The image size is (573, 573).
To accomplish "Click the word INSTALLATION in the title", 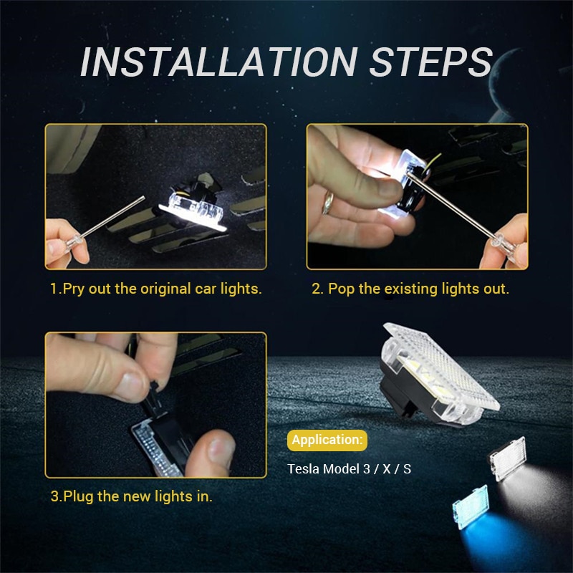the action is (218, 62).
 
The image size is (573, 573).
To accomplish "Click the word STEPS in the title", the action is (431, 62).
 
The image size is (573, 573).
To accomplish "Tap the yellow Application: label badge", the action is (327, 440).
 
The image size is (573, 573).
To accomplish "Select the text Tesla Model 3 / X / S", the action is (350, 469).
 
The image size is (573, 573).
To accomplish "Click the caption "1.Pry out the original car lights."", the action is (156, 289).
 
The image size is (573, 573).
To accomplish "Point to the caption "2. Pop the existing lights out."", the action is (410, 289).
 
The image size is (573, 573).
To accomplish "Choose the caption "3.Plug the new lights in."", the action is (131, 496).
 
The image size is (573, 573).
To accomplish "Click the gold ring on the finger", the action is (328, 203).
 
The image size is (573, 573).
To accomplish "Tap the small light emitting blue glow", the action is (471, 507).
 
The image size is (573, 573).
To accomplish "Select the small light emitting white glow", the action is (508, 458).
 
